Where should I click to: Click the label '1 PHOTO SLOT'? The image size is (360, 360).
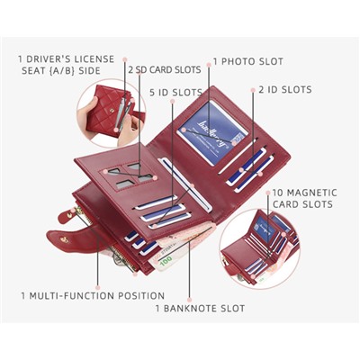248,61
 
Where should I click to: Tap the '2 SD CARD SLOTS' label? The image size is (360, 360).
165,69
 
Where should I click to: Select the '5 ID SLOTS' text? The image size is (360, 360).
175,93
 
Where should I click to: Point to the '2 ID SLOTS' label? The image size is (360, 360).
285,89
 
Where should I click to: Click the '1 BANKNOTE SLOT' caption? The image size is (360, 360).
200,308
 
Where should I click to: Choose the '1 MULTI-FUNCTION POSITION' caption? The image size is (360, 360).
93,295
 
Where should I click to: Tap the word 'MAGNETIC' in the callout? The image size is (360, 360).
305,193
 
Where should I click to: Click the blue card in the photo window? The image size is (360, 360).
213,133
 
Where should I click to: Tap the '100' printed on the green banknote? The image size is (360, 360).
166,259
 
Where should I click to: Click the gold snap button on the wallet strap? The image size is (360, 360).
64,239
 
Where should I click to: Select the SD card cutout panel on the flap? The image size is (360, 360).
129,177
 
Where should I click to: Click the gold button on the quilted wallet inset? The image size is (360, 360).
112,111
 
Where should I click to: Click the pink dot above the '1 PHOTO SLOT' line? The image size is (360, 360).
209,65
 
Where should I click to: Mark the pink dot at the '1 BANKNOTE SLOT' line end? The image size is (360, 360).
189,300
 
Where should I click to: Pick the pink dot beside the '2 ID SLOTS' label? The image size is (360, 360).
253,90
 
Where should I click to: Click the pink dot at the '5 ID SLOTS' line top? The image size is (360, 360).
172,102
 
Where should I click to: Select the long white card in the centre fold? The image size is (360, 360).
186,184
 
